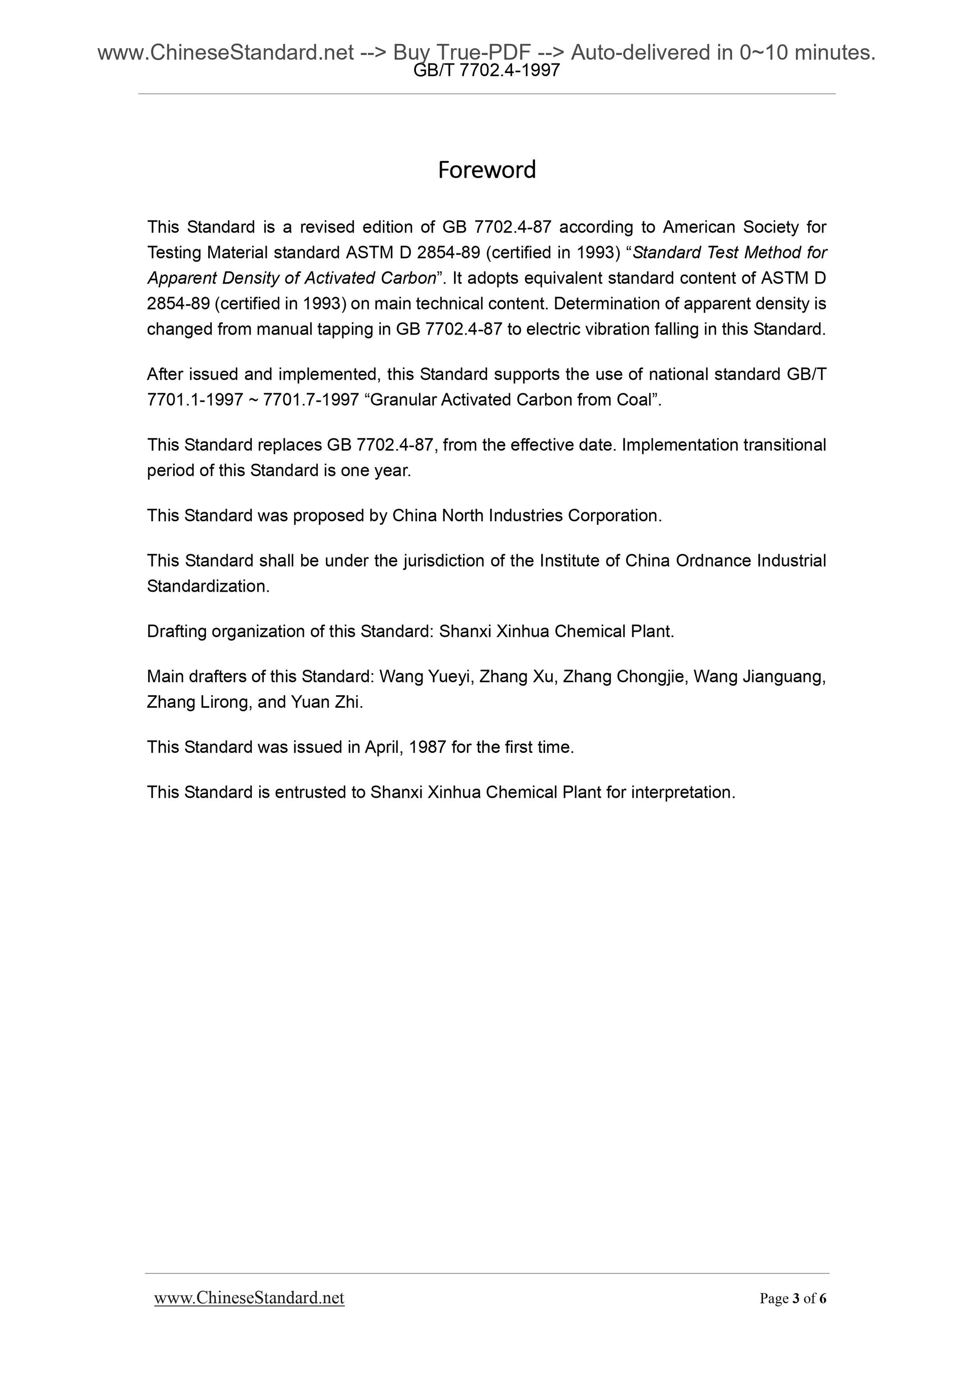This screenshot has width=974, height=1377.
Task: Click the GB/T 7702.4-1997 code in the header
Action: [486, 71]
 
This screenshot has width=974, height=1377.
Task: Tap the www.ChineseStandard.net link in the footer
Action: [249, 1297]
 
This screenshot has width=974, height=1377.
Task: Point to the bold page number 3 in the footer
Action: [796, 1298]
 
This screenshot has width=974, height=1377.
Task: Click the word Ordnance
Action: [714, 561]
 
